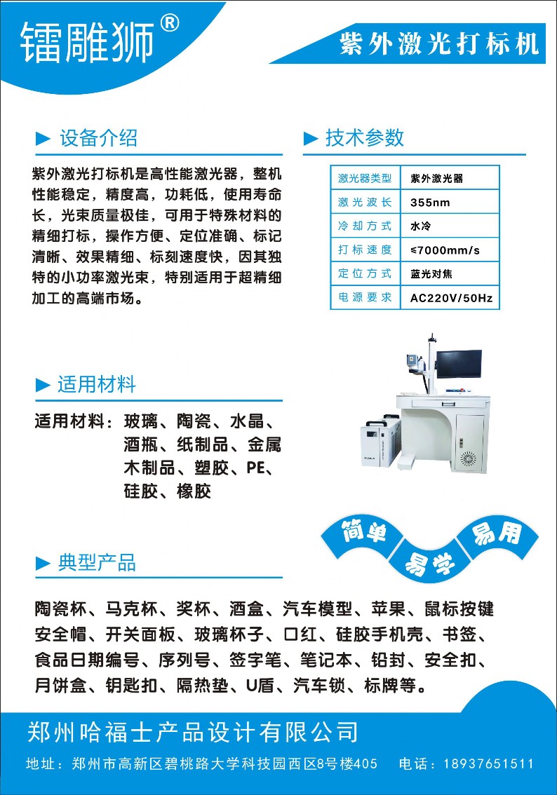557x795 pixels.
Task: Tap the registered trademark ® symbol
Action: pyautogui.click(x=169, y=25)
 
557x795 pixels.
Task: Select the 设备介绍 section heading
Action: pyautogui.click(x=98, y=137)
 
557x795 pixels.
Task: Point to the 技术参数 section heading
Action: pyautogui.click(x=365, y=137)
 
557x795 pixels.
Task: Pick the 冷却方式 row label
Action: pyautogui.click(x=365, y=226)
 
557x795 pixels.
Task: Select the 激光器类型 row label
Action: pyautogui.click(x=365, y=179)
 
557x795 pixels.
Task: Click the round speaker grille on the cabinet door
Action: pyautogui.click(x=469, y=458)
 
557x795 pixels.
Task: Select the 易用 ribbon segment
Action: pyautogui.click(x=497, y=535)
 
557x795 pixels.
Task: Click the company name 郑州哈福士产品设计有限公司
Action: pyautogui.click(x=192, y=732)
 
